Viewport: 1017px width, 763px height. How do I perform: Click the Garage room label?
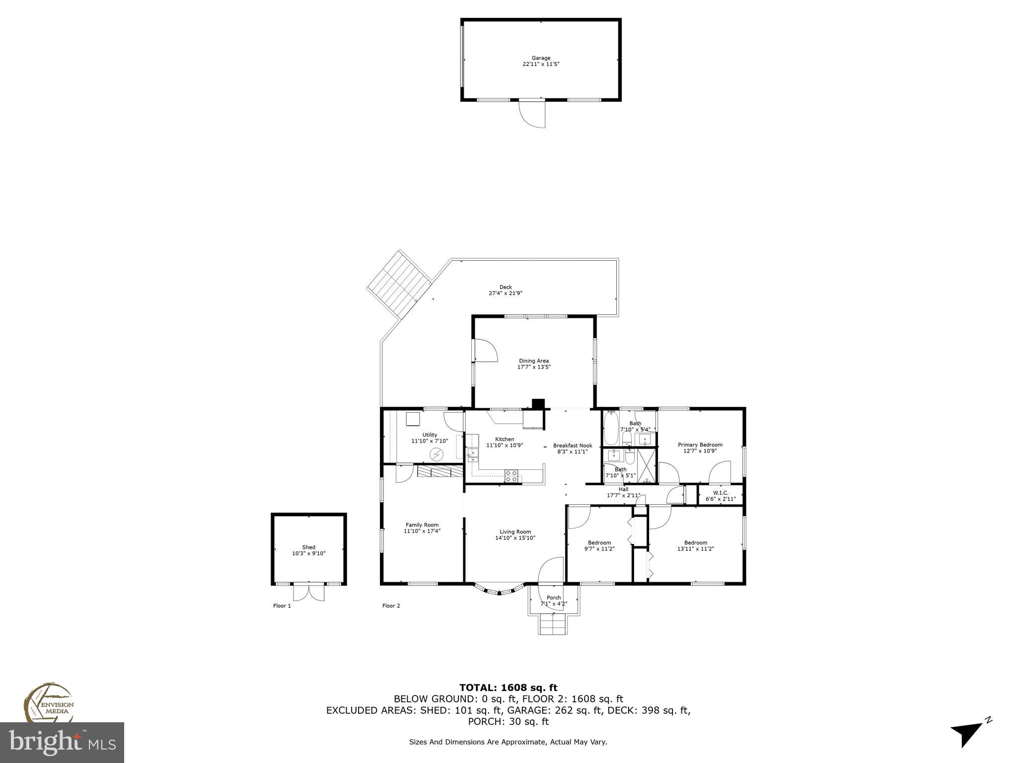(x=541, y=58)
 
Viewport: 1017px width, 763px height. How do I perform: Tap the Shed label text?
(x=308, y=547)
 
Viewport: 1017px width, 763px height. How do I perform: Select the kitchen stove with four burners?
(x=511, y=475)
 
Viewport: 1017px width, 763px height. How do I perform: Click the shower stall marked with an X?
(x=647, y=464)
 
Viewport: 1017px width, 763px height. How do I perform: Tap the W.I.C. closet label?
(x=720, y=493)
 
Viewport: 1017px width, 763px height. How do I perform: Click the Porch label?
(x=554, y=598)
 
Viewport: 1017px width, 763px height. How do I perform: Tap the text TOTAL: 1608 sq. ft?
(x=508, y=688)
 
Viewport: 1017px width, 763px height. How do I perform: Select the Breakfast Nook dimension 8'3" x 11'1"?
(x=572, y=452)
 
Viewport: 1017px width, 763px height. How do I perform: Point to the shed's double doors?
(x=308, y=592)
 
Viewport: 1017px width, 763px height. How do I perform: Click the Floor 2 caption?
(x=391, y=606)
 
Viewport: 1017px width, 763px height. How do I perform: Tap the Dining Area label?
(x=534, y=361)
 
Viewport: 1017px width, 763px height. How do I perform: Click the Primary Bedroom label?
(x=700, y=445)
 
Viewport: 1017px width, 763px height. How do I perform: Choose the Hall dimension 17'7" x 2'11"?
(x=623, y=495)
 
